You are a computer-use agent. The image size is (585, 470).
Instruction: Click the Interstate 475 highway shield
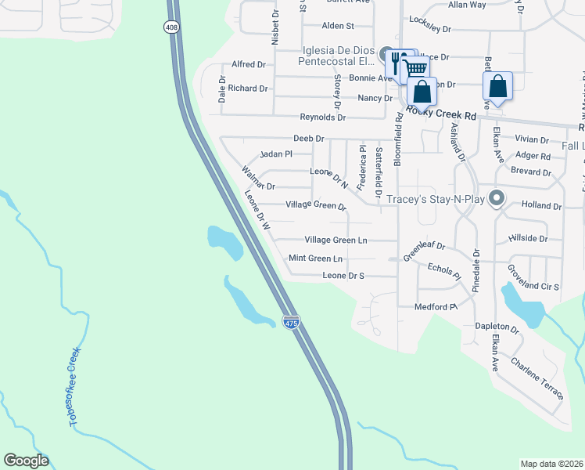tap(291, 323)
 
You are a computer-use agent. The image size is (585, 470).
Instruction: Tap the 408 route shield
tap(170, 27)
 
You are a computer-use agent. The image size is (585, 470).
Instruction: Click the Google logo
tap(26, 461)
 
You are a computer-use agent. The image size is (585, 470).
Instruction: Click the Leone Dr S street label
tap(344, 276)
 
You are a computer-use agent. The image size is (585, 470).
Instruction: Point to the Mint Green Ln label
tap(315, 258)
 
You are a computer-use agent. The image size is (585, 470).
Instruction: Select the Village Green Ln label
tap(336, 240)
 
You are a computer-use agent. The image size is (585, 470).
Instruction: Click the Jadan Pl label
tap(275, 154)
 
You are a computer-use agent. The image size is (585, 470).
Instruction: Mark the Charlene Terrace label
tap(537, 377)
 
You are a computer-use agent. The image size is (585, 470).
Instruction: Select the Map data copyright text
tap(551, 464)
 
